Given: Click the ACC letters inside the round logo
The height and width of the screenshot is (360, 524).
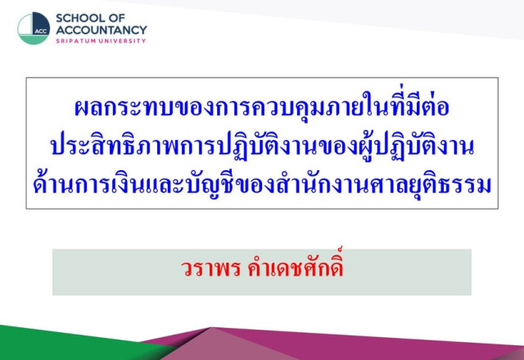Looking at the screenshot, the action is [41, 31].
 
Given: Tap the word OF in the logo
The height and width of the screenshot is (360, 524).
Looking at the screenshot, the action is [118, 18].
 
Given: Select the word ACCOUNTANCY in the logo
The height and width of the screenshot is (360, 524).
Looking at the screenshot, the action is [102, 30].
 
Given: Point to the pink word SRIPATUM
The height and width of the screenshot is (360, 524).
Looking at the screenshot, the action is [75, 41].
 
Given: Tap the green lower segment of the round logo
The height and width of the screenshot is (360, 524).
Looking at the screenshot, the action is [34, 39].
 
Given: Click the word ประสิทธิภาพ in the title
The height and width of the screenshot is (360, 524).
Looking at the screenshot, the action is [115, 146].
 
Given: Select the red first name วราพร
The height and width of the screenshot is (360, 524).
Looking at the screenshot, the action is [211, 268].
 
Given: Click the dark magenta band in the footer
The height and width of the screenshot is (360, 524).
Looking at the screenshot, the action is [384, 344].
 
